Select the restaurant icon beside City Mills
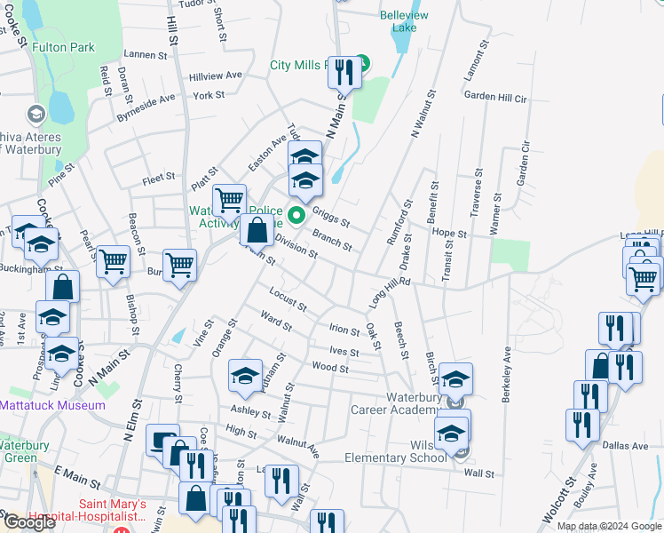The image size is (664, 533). pos(343,72)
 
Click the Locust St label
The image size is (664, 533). pos(288,299)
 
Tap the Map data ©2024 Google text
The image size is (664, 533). pos(610,526)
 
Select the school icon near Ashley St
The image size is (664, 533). pos(244,377)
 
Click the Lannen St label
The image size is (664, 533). pos(146,55)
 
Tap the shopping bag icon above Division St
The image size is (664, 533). pos(257,232)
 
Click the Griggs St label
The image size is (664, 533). pos(332,218)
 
